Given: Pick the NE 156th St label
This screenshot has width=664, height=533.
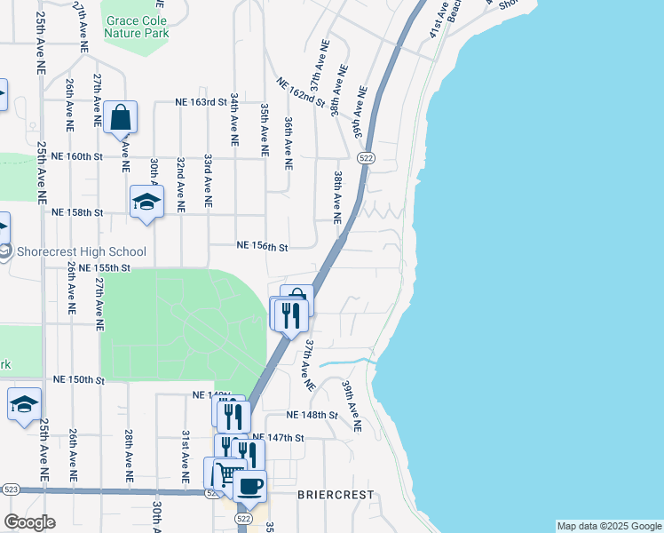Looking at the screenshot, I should pyautogui.click(x=263, y=246).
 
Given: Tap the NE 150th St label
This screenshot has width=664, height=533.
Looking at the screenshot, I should pyautogui.click(x=78, y=379).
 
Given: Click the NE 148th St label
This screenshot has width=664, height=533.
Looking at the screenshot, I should pyautogui.click(x=312, y=415).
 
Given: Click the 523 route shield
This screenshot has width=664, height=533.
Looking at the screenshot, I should pyautogui.click(x=11, y=489).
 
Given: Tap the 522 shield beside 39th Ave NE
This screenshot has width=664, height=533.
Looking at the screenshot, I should pyautogui.click(x=365, y=157).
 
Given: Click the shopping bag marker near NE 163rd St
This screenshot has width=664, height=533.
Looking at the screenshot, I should pyautogui.click(x=120, y=117).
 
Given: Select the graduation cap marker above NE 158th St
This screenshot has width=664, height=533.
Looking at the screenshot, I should pyautogui.click(x=146, y=202).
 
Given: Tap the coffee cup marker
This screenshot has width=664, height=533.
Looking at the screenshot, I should pyautogui.click(x=249, y=486).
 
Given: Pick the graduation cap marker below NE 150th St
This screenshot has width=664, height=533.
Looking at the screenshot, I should pyautogui.click(x=24, y=403).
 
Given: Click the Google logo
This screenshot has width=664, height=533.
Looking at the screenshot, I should pyautogui.click(x=29, y=522).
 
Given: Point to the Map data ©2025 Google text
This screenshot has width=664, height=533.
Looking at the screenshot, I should pyautogui.click(x=609, y=526).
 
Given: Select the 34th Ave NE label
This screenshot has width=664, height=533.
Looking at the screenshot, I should pyautogui.click(x=234, y=118).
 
